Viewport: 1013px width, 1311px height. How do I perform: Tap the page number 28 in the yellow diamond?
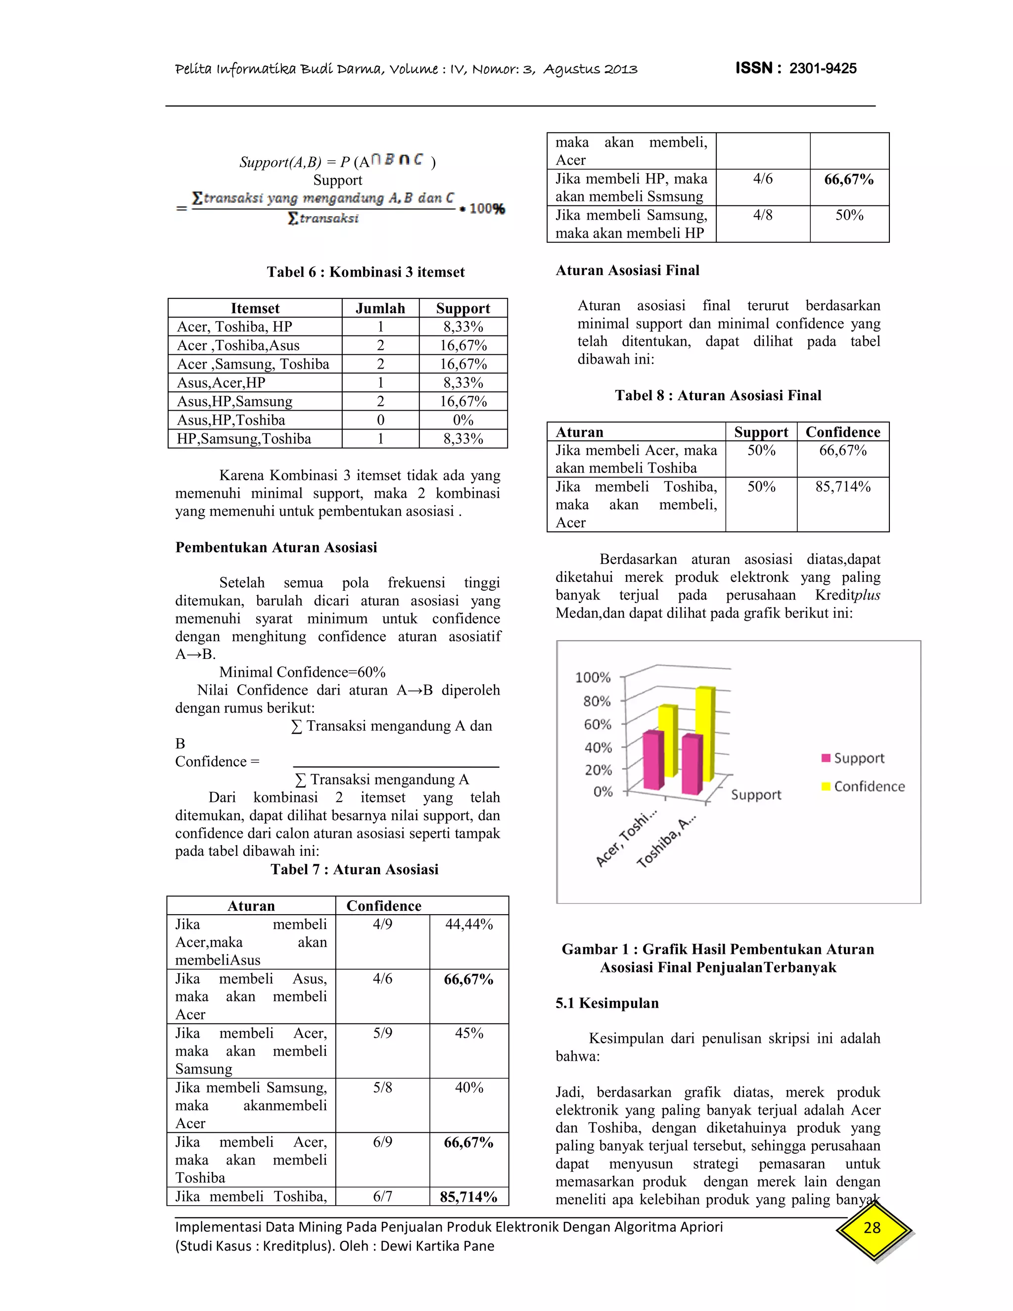[872, 1227]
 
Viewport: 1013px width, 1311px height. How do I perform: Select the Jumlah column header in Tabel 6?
[380, 308]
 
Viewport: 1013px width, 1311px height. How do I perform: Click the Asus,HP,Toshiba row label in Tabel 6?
[231, 420]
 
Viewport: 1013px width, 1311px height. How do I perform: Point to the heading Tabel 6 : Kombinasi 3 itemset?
[366, 272]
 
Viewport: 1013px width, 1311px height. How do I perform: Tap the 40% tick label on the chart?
[598, 748]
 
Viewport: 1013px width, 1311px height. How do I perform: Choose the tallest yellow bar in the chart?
[705, 732]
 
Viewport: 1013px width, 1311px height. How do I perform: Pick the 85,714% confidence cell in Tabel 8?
[842, 487]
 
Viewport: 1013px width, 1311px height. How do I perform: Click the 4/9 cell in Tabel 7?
[382, 924]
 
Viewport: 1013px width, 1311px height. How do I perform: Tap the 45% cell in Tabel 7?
[469, 1033]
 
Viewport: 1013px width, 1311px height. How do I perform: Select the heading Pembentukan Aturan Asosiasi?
[276, 548]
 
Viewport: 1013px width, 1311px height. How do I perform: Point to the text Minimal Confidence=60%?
[302, 672]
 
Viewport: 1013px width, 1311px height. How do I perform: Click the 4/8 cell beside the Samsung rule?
[763, 215]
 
